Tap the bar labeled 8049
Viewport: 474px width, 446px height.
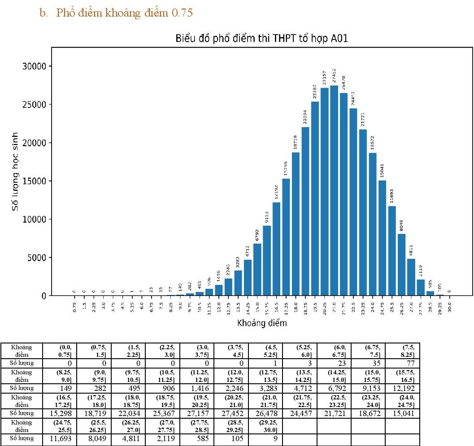tap(401, 265)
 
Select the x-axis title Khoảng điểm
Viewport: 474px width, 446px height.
tap(262, 322)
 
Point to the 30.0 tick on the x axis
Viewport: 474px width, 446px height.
tap(449, 307)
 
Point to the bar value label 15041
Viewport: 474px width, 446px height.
tap(383, 172)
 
